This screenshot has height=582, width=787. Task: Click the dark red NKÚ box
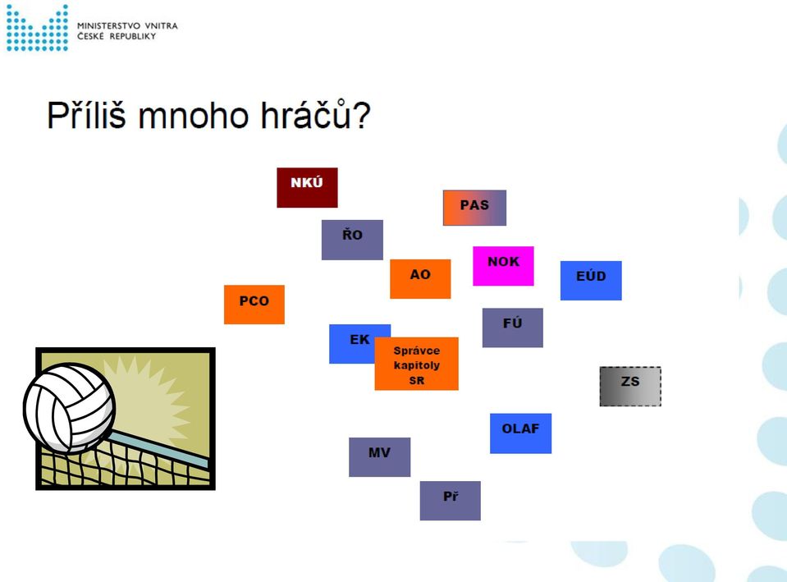pos(307,187)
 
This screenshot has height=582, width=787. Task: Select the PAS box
pos(474,208)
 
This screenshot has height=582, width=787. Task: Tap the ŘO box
pos(352,240)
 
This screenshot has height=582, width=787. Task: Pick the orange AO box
pos(420,279)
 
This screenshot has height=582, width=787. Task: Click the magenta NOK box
pos(503,266)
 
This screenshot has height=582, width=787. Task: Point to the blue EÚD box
pos(591,281)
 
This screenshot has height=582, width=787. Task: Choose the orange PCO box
pos(254,305)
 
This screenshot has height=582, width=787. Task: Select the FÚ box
pos(512,328)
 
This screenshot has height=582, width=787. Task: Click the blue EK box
pos(352,343)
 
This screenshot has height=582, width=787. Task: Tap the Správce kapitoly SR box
pos(417,364)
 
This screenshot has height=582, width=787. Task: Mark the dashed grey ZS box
pos(630,386)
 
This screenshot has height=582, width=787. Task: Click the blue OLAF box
pos(520,433)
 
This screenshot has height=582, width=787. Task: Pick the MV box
pos(379,457)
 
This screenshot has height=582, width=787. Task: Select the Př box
pos(451,501)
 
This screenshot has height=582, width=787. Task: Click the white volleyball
pos(69,408)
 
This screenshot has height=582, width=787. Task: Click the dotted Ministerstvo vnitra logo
pos(37,28)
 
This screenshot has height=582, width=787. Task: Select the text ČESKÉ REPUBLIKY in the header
pos(117,37)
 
